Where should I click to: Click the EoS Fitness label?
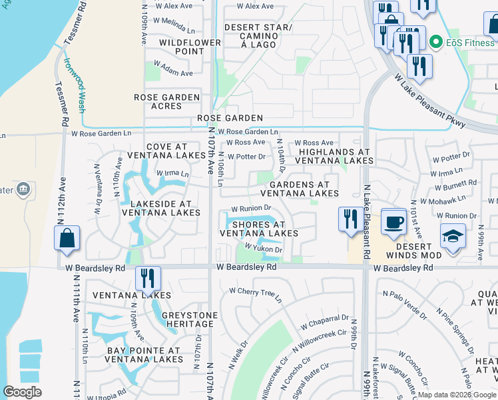click(469, 43)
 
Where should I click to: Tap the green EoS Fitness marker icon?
click(437, 43)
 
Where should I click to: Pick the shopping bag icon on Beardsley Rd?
click(67, 238)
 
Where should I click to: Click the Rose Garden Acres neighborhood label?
click(167, 101)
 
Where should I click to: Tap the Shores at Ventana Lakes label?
click(259, 229)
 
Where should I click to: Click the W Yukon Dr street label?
click(264, 248)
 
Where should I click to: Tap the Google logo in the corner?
click(22, 392)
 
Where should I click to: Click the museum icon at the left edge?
click(23, 189)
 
